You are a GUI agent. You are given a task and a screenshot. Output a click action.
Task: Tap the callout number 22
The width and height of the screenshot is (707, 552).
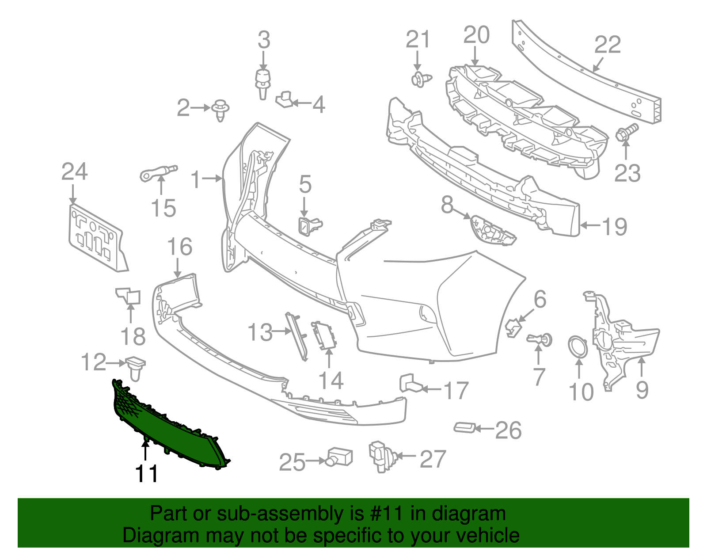pyautogui.click(x=608, y=45)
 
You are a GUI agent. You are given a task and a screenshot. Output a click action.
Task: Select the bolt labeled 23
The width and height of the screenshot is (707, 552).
pyautogui.click(x=625, y=132)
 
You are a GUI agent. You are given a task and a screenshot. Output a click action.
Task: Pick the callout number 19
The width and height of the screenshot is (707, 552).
pyautogui.click(x=615, y=226)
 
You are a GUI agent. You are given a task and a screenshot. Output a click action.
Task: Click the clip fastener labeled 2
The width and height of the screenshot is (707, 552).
pyautogui.click(x=221, y=109)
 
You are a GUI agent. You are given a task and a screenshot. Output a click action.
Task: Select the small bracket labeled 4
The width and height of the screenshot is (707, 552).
pyautogui.click(x=285, y=99)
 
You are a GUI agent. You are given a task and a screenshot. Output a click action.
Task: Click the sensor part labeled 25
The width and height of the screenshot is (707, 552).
pyautogui.click(x=339, y=457)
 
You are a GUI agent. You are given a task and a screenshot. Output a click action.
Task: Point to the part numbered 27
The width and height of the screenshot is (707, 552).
pyautogui.click(x=379, y=455)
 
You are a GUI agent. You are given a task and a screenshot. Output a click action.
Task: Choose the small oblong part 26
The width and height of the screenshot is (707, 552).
pyautogui.click(x=464, y=427)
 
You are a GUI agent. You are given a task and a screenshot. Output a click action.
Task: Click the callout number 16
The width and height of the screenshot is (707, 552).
pyautogui.click(x=180, y=247)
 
